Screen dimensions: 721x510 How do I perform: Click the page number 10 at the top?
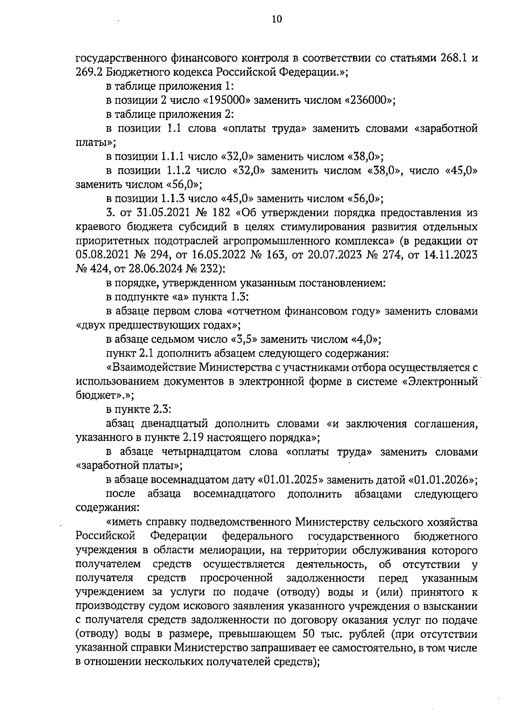276,19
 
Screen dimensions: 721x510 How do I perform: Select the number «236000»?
369,101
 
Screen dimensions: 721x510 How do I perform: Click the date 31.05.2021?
146,213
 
